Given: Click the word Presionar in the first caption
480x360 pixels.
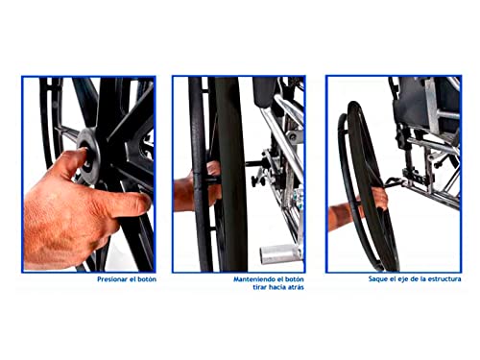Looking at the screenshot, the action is point(109,279).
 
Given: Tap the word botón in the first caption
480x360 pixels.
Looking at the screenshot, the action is point(147,279).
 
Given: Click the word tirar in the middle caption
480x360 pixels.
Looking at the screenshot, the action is point(260,287).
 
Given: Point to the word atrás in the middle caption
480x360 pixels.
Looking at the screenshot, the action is point(296,287).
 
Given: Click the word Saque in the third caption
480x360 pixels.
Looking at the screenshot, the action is point(377,279).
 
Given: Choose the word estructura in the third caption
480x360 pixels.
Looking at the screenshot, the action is point(444,279).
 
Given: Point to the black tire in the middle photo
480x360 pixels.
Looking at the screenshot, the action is point(231,175).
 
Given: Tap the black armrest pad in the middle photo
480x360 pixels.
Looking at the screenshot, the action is point(264,92).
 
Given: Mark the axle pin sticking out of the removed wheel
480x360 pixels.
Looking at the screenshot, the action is point(395,182).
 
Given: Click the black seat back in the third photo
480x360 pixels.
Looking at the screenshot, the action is point(413,103).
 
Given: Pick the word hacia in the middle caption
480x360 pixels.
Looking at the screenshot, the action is point(277,287).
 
